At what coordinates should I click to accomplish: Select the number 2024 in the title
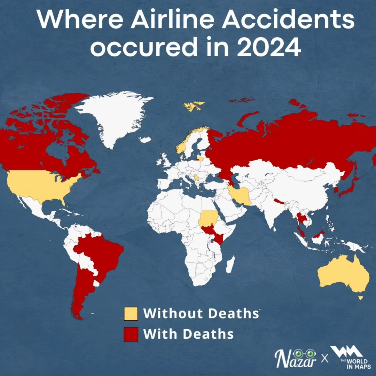(269, 48)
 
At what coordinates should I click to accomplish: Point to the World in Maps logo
(349, 357)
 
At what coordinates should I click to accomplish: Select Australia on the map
(343, 275)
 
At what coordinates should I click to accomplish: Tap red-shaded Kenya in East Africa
(218, 238)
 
